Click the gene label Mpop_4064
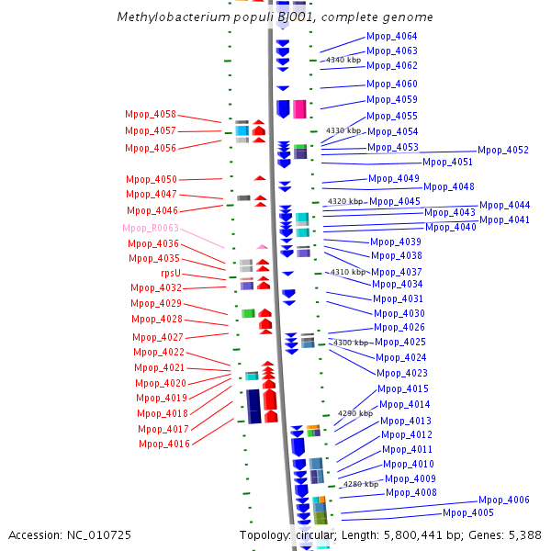[391, 36]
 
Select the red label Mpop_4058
[151, 115]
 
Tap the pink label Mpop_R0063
[151, 228]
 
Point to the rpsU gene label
[171, 273]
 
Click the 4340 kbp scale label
[343, 60]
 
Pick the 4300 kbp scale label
[351, 343]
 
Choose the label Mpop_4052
[503, 150]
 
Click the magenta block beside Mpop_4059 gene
[299, 109]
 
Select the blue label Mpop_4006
[503, 500]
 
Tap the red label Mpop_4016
[164, 444]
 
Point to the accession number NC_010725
[99, 535]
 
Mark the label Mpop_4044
[504, 205]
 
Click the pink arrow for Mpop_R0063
[262, 247]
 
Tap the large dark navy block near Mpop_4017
[253, 406]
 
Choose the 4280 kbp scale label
[361, 484]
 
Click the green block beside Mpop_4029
[248, 313]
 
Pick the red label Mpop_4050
[152, 180]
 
